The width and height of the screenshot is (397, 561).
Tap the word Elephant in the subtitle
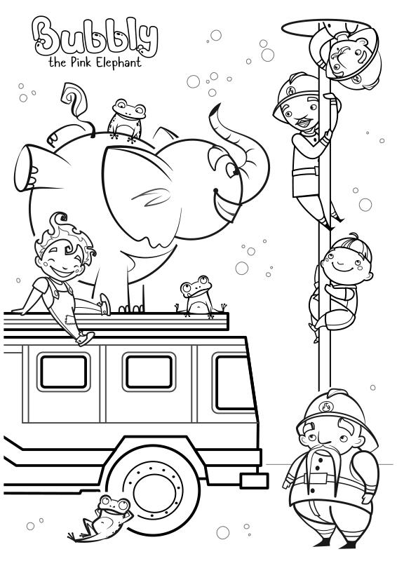click(x=120, y=63)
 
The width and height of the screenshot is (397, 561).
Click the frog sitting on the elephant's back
click(x=127, y=120)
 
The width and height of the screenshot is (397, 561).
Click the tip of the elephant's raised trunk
click(x=216, y=109)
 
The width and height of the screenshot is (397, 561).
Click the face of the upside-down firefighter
click(x=346, y=58)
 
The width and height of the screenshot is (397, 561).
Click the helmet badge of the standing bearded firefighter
click(x=326, y=407)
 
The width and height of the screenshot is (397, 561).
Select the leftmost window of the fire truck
click(x=64, y=372)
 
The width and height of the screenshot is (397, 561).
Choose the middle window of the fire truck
click(x=149, y=372)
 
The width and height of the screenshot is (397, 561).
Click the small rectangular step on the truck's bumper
click(x=255, y=480)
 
